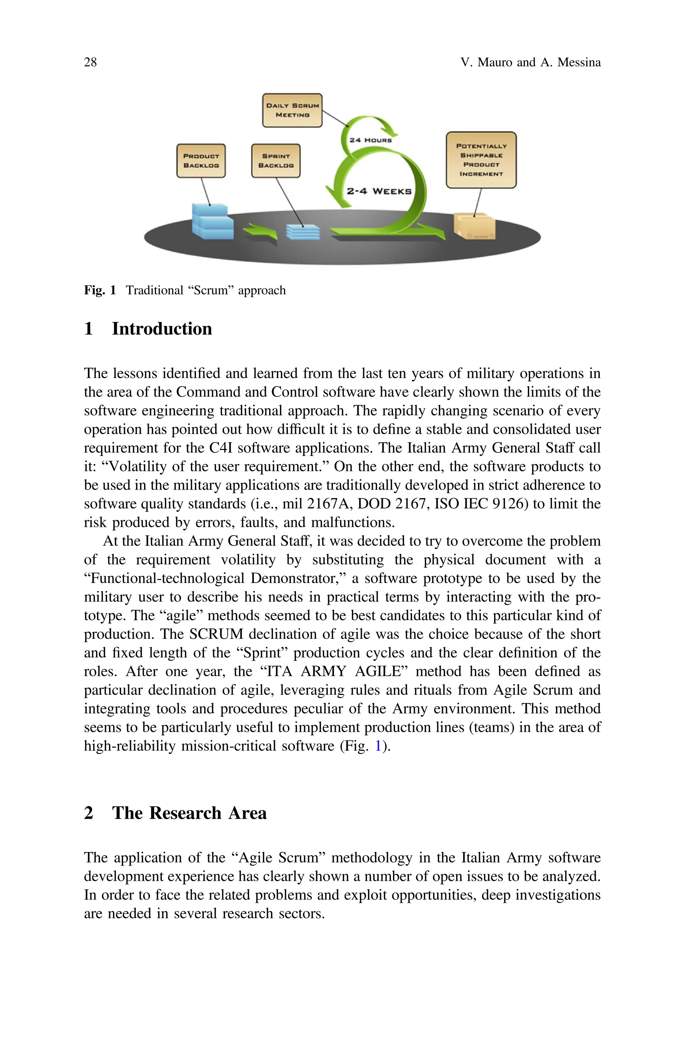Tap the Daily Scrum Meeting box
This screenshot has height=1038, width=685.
292,110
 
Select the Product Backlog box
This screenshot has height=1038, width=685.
201,161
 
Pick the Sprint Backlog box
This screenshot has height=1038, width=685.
276,161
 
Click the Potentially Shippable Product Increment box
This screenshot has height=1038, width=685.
481,160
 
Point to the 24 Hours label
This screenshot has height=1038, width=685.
371,140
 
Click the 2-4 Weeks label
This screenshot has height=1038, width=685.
379,191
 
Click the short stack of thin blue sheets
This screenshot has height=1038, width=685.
303,232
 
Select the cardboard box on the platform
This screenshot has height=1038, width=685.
474,226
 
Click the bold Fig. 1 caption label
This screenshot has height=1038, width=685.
100,290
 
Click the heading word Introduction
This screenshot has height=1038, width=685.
162,329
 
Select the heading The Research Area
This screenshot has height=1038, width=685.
189,813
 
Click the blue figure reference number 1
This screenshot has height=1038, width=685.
378,745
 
